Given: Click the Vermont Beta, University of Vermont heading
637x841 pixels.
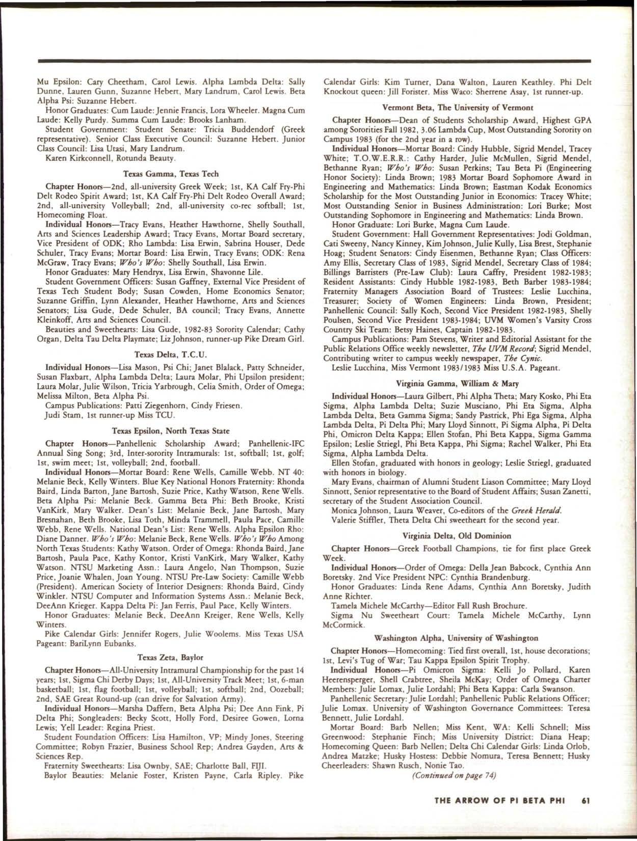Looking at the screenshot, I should click(458, 107).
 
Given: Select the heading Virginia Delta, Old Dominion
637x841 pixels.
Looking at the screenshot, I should click(457, 536).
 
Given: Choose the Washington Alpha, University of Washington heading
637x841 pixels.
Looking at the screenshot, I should click(457, 638).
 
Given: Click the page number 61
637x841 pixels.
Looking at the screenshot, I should click(586, 801).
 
